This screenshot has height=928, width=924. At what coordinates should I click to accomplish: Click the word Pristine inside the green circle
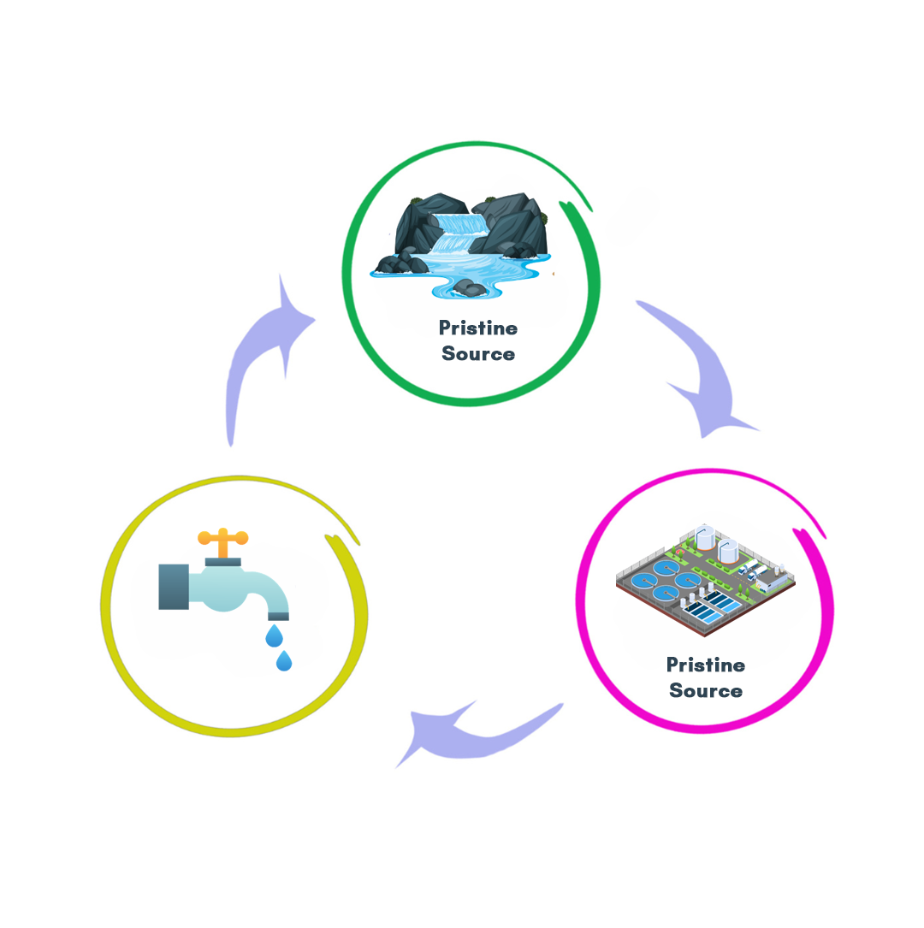[477, 328]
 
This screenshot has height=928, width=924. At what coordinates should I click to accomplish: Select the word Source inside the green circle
[477, 353]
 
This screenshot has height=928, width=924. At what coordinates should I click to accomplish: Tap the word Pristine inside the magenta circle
[705, 665]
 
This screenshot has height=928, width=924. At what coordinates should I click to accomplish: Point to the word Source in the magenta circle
[705, 690]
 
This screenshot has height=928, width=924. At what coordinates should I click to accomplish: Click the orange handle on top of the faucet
[222, 539]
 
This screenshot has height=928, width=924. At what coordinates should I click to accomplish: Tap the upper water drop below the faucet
[274, 635]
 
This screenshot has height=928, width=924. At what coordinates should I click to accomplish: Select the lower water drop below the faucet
[284, 660]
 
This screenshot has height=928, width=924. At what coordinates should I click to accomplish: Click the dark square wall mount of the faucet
[174, 586]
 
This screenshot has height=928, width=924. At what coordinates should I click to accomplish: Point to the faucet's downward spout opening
[278, 614]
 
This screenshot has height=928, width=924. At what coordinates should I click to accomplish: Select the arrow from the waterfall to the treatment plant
[702, 368]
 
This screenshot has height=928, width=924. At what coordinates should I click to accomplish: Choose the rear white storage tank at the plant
[705, 538]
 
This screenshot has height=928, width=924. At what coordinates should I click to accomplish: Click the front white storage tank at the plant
[728, 551]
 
